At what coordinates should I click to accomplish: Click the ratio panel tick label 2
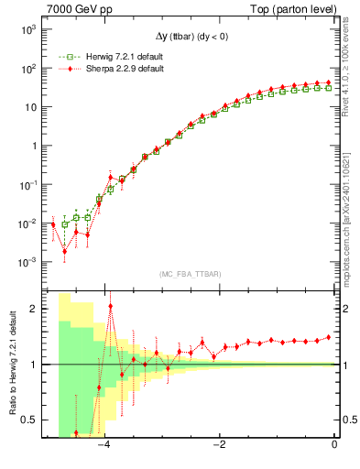(35, 309)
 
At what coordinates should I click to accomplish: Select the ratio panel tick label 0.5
(30, 420)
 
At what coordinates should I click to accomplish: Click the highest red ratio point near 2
(111, 307)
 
